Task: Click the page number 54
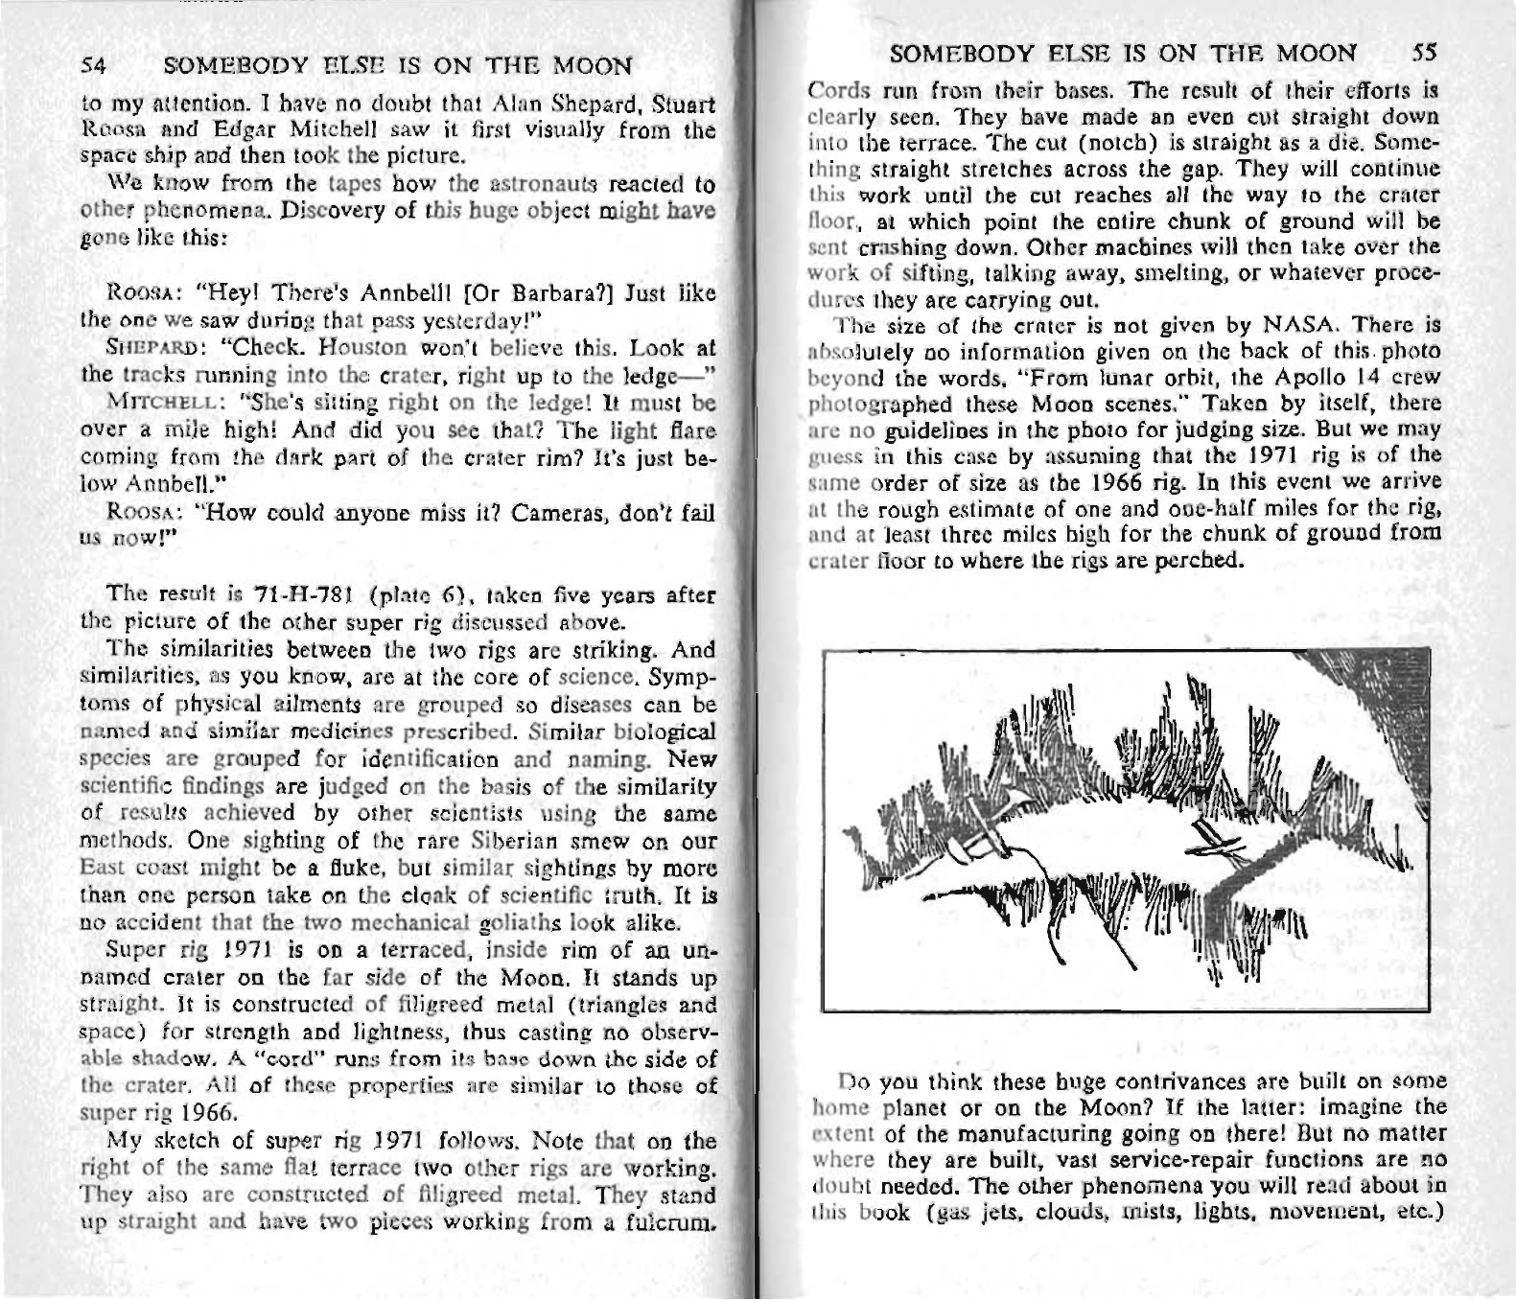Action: pos(92,67)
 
